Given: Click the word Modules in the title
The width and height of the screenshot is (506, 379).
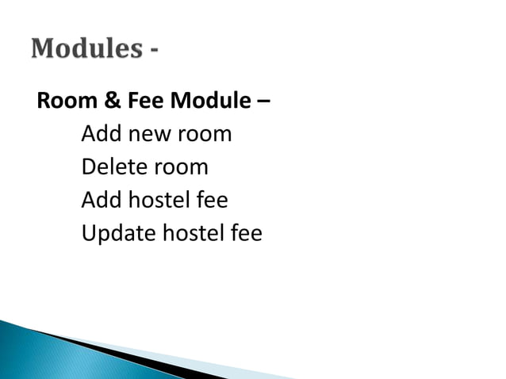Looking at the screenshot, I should [86, 49].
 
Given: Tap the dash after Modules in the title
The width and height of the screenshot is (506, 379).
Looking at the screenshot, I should [153, 52].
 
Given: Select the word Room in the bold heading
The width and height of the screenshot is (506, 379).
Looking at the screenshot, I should [60, 101].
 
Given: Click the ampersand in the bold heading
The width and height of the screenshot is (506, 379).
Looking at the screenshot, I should [98, 101].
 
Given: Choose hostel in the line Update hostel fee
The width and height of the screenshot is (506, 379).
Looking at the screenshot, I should [193, 234].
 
